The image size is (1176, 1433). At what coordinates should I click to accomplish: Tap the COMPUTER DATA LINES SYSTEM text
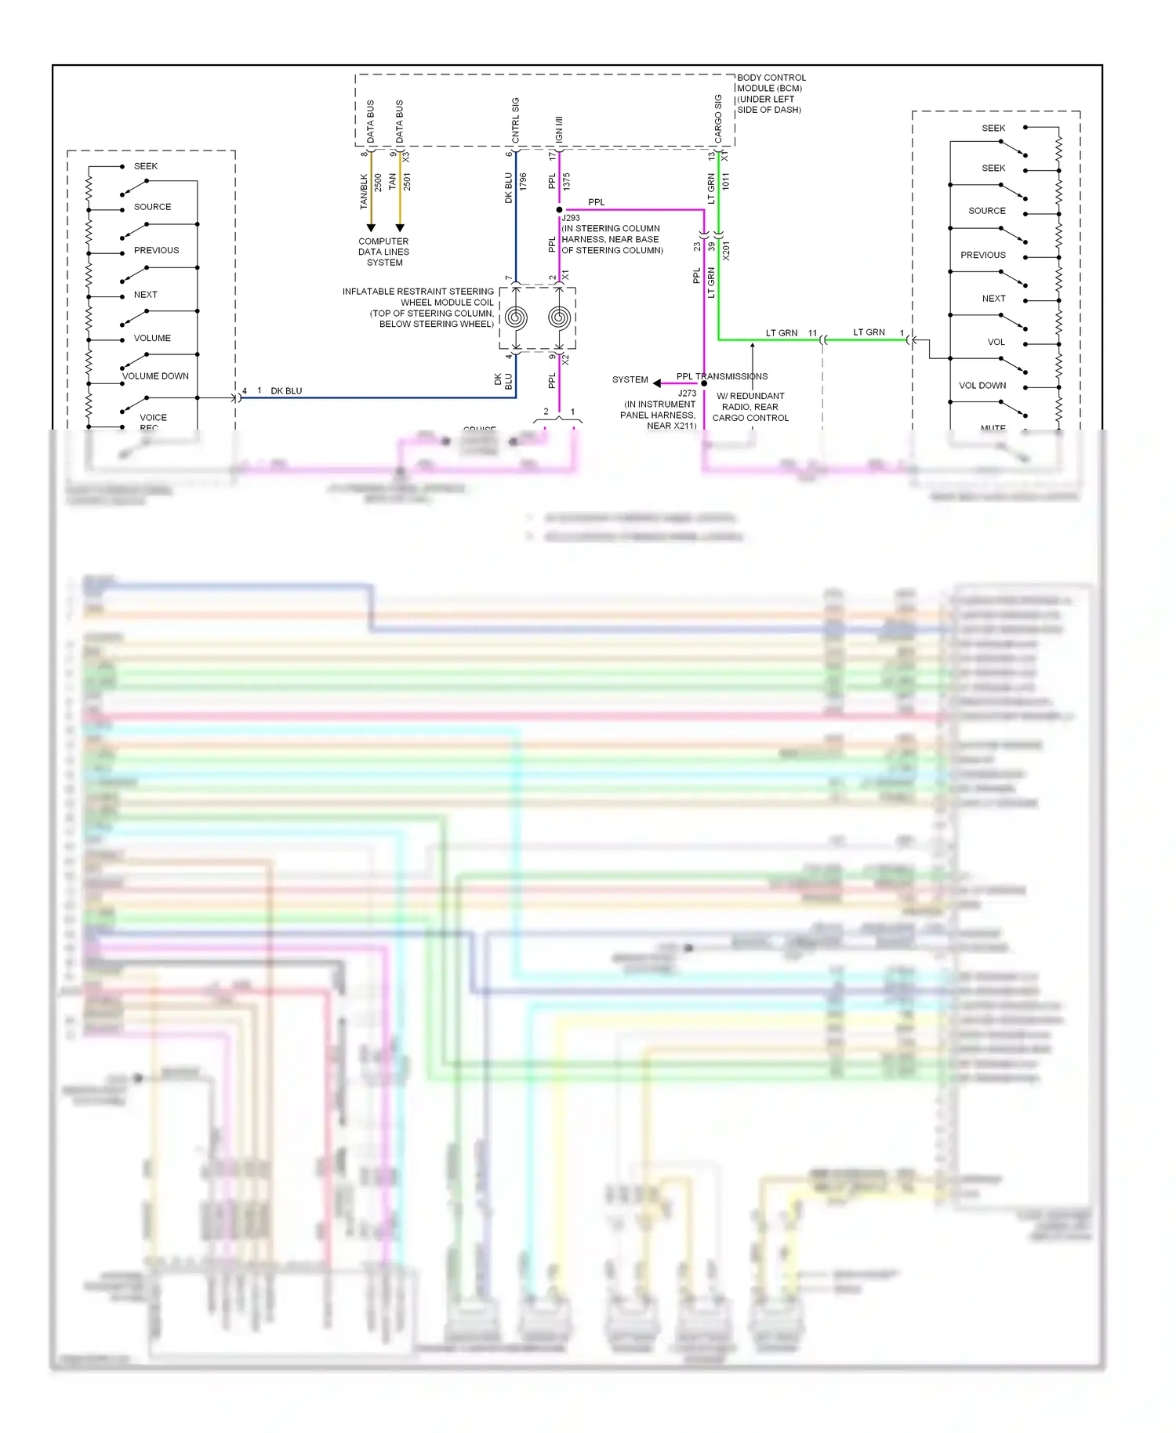click(383, 252)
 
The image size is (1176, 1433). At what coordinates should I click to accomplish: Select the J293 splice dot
click(559, 210)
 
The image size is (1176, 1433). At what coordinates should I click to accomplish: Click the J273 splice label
click(687, 394)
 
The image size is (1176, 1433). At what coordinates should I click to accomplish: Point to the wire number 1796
click(523, 182)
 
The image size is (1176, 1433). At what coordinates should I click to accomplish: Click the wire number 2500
click(378, 183)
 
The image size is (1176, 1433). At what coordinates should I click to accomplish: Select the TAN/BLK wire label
click(364, 191)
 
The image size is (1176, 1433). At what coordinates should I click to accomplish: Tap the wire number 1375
click(566, 182)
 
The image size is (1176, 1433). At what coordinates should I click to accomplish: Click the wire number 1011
click(726, 181)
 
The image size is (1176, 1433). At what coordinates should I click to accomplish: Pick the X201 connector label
click(726, 251)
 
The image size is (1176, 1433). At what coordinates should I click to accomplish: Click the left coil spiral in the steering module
click(516, 317)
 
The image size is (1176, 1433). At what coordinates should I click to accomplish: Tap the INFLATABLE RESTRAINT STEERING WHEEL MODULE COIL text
click(418, 307)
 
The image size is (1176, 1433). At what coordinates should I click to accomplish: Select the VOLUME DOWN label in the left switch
click(155, 376)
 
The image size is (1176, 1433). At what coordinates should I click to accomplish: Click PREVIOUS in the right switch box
click(982, 256)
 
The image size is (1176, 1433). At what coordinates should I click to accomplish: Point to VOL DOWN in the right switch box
click(982, 386)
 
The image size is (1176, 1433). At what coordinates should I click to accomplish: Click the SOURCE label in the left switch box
click(152, 207)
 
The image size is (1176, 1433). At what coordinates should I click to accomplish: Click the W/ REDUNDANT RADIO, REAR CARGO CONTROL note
click(750, 407)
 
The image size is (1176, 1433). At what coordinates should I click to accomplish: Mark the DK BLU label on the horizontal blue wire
click(286, 391)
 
